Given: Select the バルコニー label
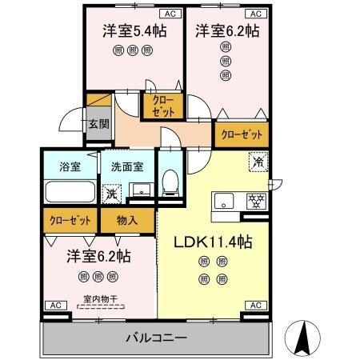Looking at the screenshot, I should (156, 338).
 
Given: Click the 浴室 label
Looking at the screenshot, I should (70, 167).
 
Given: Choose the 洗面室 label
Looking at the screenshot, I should (127, 167).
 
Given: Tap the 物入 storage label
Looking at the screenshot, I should (127, 219).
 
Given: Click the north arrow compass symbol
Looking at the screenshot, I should (305, 337).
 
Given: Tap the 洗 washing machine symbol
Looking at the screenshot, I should (113, 193).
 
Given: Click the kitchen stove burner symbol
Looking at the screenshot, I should (255, 200).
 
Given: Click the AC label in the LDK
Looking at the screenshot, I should (255, 305).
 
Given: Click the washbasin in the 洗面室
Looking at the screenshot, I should (140, 190).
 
